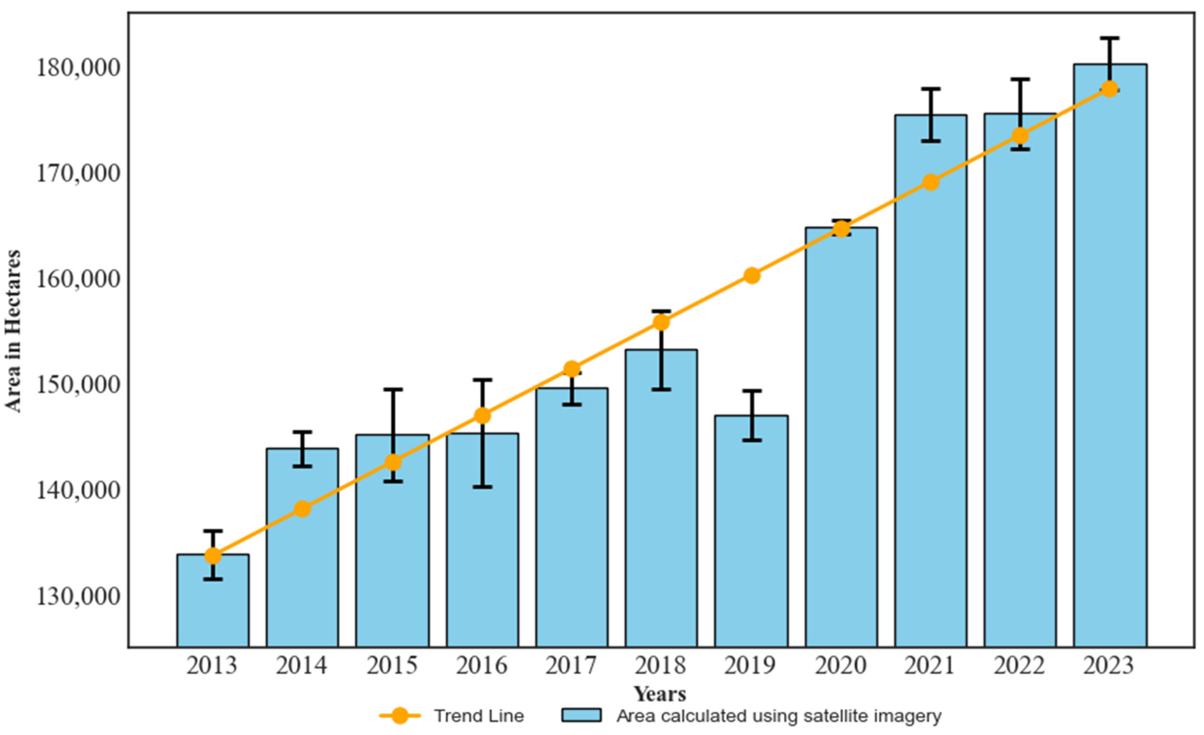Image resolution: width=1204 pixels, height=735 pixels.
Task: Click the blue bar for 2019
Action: point(751,537)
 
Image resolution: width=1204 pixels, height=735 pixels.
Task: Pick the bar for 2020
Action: point(841,440)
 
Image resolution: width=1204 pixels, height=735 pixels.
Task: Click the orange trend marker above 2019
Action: point(752,275)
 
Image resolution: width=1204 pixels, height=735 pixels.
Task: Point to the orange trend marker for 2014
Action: point(302,509)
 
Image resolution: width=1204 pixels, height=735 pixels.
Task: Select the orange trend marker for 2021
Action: point(931,182)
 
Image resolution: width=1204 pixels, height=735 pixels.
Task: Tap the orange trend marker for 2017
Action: point(572,369)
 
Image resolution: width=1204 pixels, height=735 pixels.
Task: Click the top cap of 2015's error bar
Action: point(393,389)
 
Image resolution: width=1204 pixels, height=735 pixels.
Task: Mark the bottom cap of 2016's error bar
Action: point(482,487)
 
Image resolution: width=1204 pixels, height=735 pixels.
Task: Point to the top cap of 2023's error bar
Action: point(1110,38)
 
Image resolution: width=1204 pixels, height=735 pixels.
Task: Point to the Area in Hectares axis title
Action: point(13,331)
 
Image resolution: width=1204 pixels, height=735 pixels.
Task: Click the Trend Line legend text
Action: point(479,716)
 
